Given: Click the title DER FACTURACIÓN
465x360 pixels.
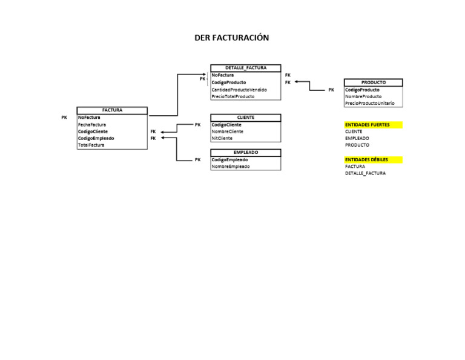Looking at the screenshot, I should (231, 38).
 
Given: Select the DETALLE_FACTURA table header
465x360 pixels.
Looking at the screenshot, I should (245, 68).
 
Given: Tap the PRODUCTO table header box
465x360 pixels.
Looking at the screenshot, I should (373, 82).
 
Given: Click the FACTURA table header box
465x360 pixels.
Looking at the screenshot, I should (112, 110).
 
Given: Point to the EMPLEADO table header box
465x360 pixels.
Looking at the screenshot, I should (245, 153).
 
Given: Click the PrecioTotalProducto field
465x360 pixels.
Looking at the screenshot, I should (233, 96).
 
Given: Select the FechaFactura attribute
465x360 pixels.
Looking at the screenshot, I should (92, 124).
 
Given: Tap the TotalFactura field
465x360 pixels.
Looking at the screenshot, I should (91, 145).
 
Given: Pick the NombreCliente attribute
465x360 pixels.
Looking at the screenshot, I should (228, 132).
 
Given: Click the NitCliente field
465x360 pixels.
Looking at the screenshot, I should (222, 138).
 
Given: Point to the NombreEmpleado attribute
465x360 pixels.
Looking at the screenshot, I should (230, 167).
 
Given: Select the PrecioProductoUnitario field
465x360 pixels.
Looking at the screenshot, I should (369, 104).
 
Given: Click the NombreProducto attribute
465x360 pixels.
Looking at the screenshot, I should (363, 96).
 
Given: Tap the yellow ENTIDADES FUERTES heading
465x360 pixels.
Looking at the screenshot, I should (368, 125).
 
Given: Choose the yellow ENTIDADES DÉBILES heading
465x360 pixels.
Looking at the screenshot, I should (366, 160).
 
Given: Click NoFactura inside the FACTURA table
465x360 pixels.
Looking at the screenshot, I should (90, 118).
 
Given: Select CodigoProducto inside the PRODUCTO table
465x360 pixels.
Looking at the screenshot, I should (363, 90).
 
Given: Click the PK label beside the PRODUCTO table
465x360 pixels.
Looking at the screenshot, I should (331, 90).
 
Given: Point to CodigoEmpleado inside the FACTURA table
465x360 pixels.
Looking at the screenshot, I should (96, 138).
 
